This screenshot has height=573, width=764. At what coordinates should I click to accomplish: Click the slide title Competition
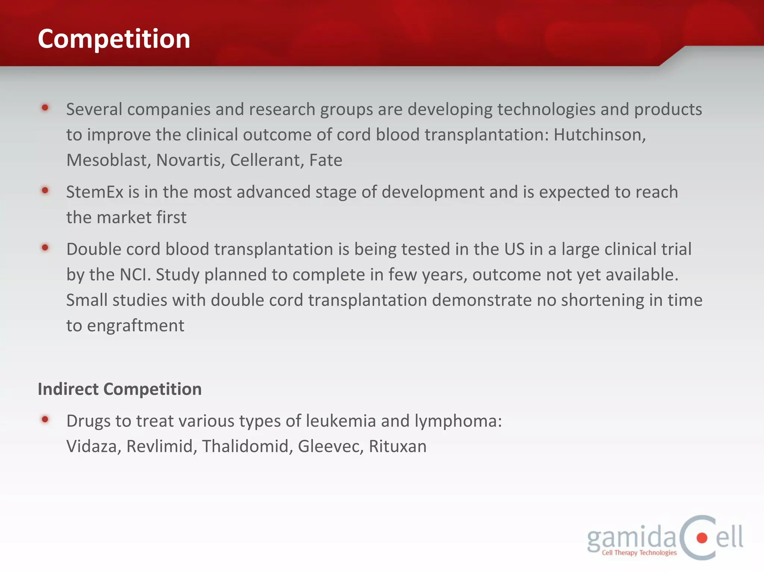[114, 39]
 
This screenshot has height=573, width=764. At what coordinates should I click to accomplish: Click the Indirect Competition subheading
[120, 389]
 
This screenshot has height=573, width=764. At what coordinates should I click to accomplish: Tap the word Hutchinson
[599, 135]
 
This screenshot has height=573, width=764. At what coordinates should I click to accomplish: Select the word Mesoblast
[109, 160]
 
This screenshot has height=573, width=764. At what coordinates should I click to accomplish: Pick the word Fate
[326, 160]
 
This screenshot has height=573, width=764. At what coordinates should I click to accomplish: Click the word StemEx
[95, 192]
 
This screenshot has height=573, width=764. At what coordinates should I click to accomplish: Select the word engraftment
[136, 326]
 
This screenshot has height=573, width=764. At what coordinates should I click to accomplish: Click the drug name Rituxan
[398, 447]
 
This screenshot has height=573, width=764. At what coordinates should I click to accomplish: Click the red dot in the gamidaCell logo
[702, 538]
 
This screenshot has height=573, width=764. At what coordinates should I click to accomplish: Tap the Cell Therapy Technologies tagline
[639, 553]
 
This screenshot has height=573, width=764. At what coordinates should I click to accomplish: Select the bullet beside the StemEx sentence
[45, 191]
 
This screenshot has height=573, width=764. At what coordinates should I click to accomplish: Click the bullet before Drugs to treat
[45, 419]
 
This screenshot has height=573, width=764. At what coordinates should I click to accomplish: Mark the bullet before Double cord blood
[45, 247]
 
